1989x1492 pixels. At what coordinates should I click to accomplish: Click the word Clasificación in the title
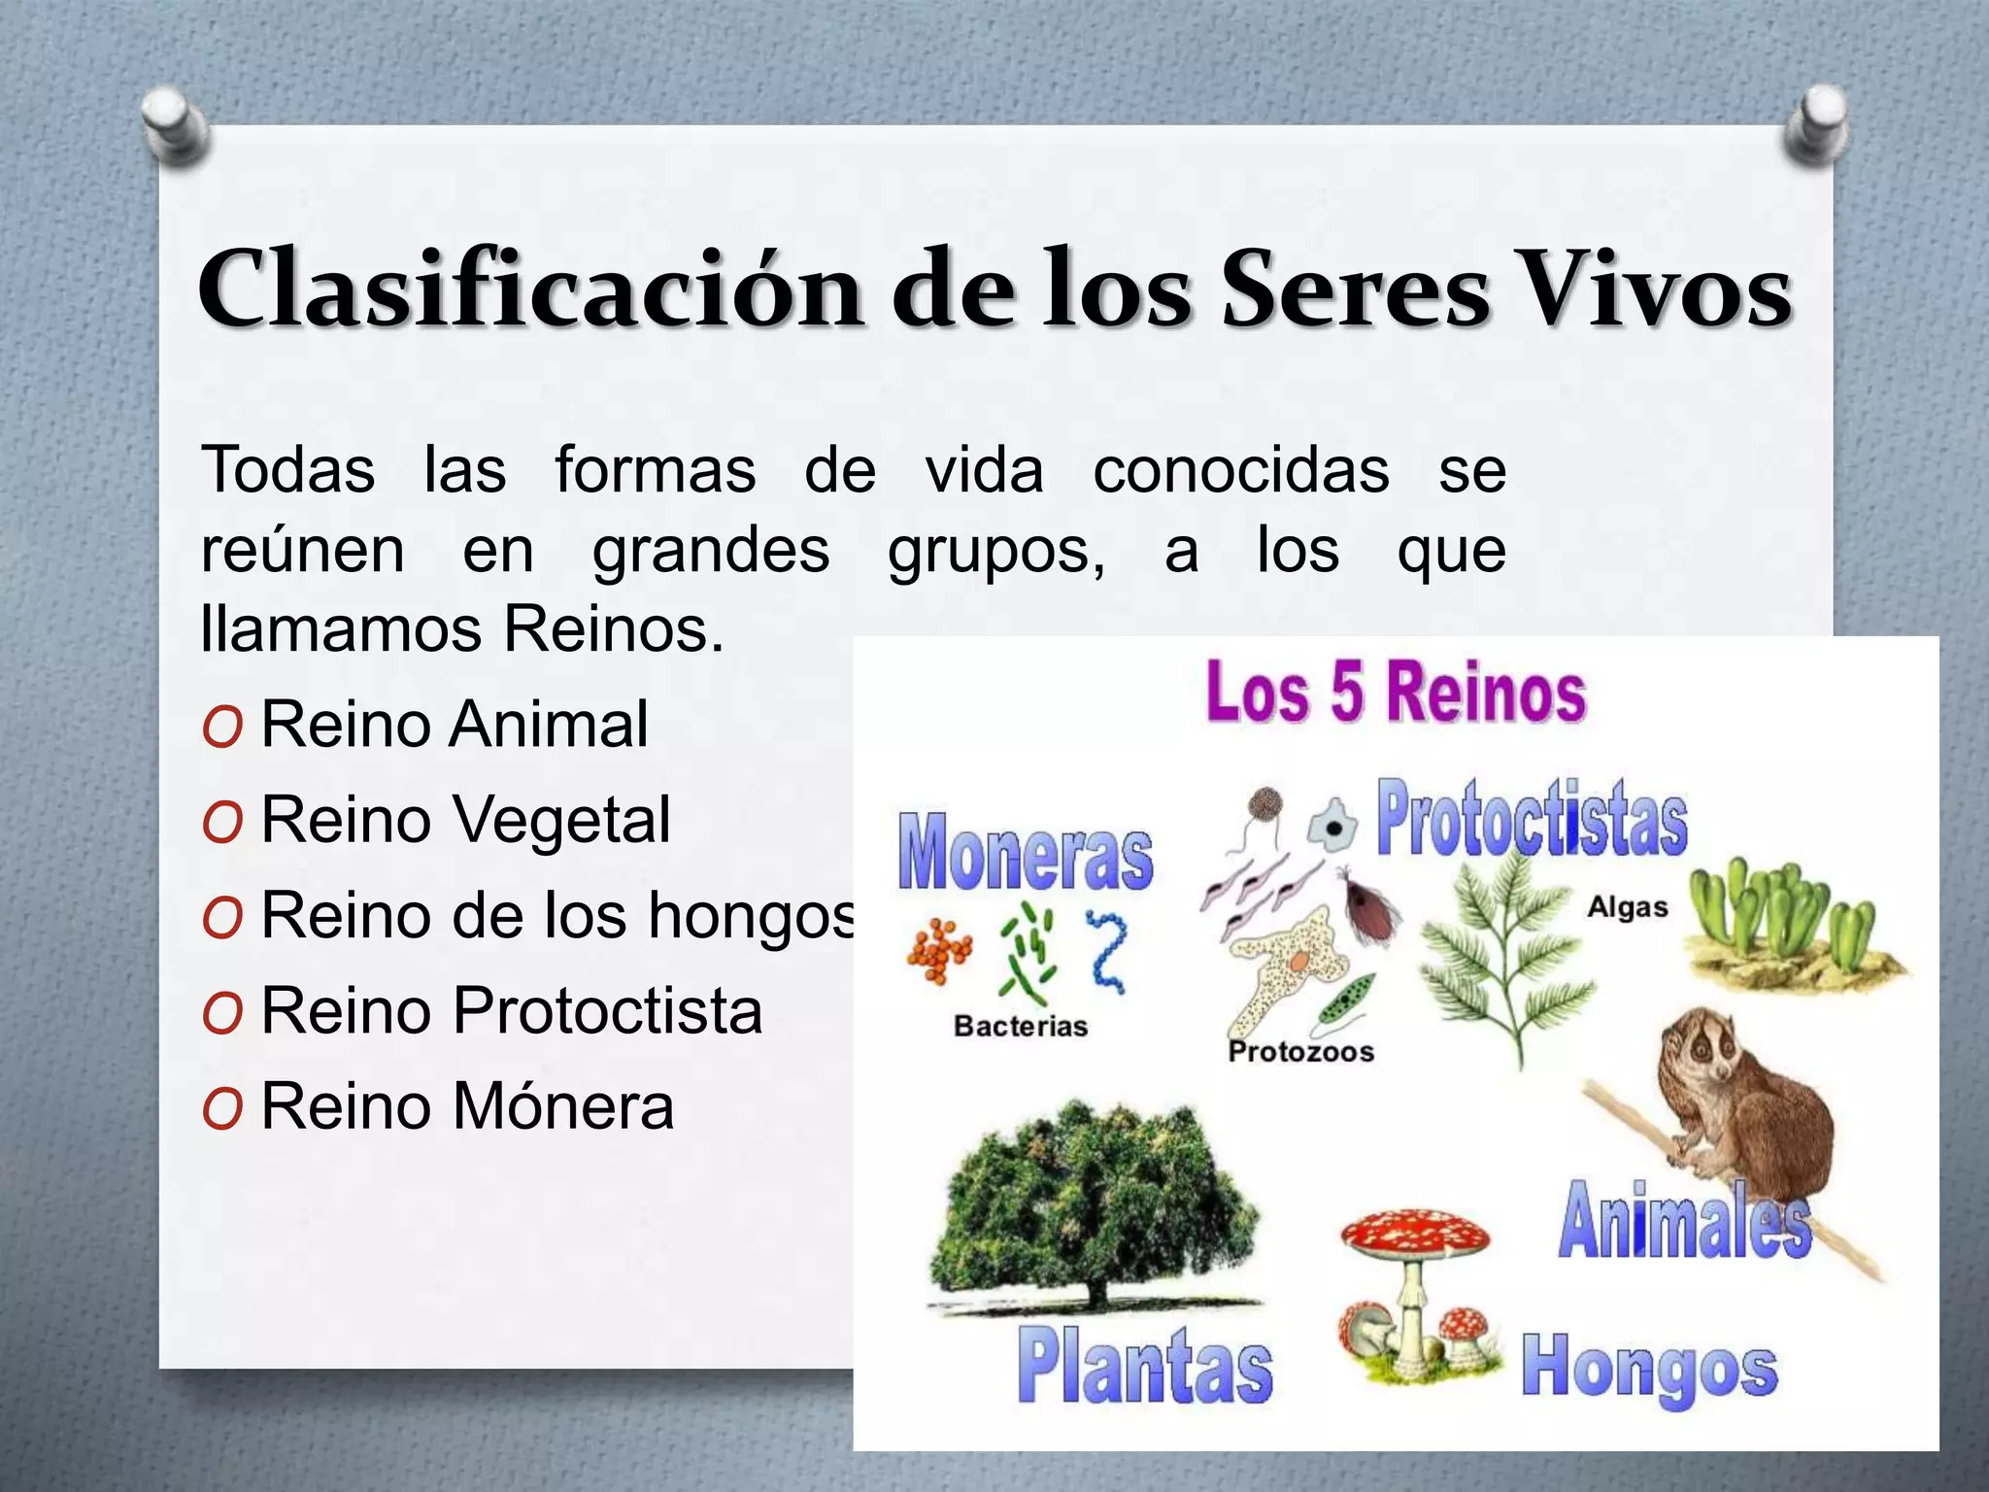point(529,289)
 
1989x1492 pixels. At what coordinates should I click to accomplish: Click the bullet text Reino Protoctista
point(511,1010)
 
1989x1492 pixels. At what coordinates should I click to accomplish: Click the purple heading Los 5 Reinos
point(1396,692)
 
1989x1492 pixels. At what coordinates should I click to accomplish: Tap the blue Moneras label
point(1026,853)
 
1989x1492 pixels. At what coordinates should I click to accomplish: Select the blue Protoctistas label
point(1532,819)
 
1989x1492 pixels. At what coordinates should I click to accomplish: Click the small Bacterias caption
point(1020,1026)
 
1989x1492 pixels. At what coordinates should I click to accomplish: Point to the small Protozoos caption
point(1300,1051)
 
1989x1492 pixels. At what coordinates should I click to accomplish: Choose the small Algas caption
point(1627,907)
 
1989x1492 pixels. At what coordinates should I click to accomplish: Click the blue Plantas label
point(1145,1367)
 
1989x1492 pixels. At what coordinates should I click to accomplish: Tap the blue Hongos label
point(1649,1368)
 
